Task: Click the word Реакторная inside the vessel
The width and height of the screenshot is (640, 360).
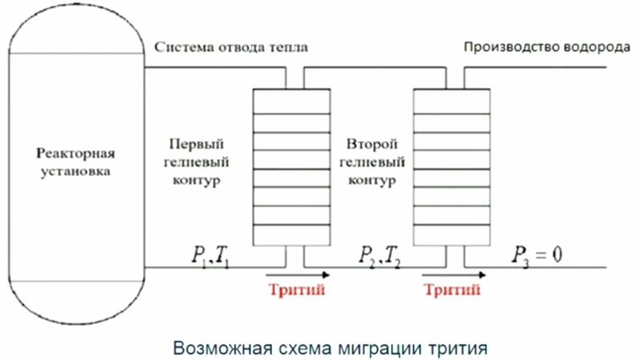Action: pos(75,153)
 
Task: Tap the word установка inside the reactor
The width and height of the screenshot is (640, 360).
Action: pos(75,172)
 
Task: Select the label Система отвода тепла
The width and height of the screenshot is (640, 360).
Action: pos(231,47)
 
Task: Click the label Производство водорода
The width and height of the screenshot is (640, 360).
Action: pos(547,47)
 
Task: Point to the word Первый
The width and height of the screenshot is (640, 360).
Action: pos(196,144)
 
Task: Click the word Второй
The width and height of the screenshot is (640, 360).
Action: pos(372,144)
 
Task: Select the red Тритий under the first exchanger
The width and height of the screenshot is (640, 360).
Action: pos(297,290)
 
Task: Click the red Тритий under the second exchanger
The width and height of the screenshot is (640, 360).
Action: pos(452,290)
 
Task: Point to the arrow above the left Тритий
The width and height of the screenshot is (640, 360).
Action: pos(298,275)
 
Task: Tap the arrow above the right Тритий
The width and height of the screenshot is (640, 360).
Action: pos(454,275)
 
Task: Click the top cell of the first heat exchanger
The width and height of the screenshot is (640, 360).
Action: pos(292,101)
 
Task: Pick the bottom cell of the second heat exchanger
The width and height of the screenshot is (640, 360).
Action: pos(452,235)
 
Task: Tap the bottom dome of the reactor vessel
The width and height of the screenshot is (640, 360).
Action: pos(76,302)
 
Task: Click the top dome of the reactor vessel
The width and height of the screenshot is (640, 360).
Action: pos(76,30)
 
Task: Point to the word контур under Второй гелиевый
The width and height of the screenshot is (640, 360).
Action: pos(372,180)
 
